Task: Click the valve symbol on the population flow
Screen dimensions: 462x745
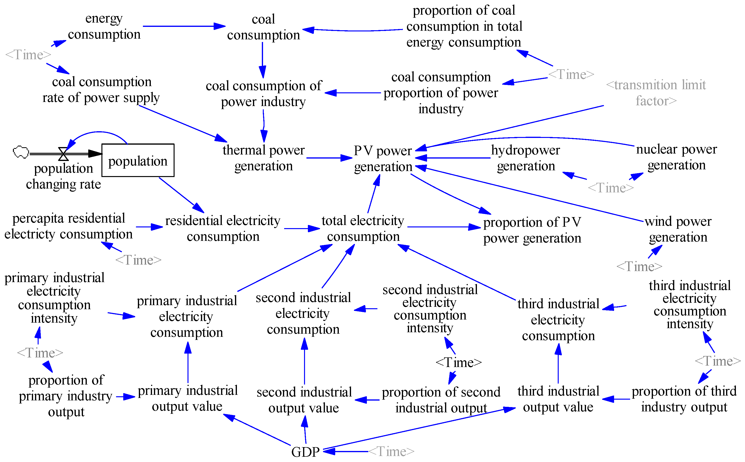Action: (x=63, y=154)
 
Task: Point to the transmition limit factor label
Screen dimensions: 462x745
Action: (x=656, y=93)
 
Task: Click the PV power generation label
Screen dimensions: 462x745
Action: (x=383, y=159)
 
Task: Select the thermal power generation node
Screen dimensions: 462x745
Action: (x=263, y=158)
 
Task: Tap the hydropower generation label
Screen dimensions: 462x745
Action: (x=525, y=158)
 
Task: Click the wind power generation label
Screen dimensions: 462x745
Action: (x=678, y=229)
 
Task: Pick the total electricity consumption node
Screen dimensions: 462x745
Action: (x=363, y=228)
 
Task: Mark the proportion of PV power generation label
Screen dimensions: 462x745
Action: (x=532, y=230)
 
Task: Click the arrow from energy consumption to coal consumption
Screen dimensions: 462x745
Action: (x=183, y=26)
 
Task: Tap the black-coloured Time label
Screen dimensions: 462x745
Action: (x=458, y=362)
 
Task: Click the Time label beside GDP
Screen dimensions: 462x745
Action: (x=391, y=451)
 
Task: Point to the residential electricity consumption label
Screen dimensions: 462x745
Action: (x=223, y=228)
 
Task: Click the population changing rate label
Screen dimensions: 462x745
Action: (x=63, y=176)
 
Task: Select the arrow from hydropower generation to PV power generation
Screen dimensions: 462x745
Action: (x=452, y=158)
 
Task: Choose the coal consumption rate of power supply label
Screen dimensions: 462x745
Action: (x=101, y=89)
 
